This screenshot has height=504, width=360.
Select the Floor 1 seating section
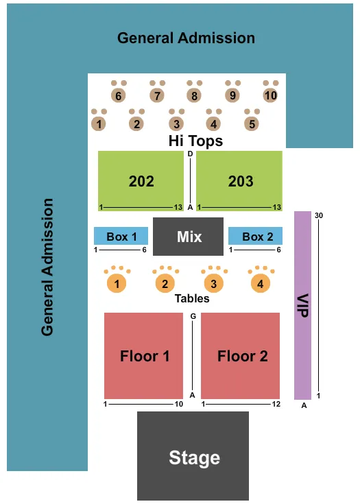(144, 355)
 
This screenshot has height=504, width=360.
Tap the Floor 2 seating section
(241, 355)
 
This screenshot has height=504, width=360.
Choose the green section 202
(141, 181)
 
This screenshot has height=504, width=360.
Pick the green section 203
(240, 181)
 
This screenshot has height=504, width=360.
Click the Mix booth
(189, 237)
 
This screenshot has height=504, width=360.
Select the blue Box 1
(121, 236)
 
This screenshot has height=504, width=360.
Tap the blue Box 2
(253, 236)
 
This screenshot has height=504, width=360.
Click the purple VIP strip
(302, 305)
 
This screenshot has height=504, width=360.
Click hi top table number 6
(119, 96)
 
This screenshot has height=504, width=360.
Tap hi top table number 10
(270, 95)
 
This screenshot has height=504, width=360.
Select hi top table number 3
(176, 124)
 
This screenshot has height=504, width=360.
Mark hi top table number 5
(252, 124)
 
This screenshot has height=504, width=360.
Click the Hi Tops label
(196, 141)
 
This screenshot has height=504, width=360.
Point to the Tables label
(191, 298)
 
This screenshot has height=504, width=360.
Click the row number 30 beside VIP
(319, 216)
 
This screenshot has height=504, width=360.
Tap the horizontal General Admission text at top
(186, 38)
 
